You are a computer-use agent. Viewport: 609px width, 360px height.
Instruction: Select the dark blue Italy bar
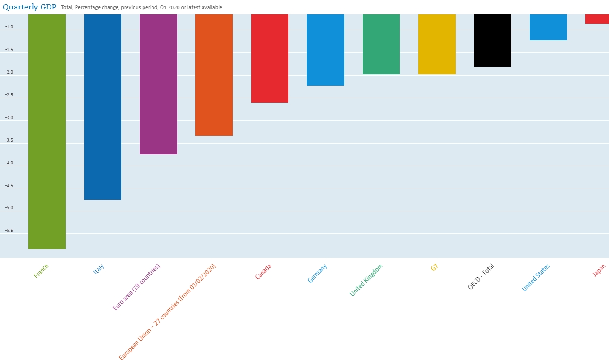[102, 107]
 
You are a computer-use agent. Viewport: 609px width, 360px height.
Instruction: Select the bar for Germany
[325, 50]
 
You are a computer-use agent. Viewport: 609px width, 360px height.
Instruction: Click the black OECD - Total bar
[492, 40]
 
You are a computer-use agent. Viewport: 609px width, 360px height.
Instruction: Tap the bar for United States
[548, 27]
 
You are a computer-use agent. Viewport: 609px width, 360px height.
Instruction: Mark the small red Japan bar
[597, 19]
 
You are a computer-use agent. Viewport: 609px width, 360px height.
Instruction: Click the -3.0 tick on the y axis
[9, 118]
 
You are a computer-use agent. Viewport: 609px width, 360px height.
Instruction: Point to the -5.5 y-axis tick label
[9, 231]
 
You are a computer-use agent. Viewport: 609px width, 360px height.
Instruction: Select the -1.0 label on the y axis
[9, 27]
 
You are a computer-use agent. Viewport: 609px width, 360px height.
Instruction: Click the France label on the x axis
[41, 271]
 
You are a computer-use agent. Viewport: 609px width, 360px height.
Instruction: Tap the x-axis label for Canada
[263, 271]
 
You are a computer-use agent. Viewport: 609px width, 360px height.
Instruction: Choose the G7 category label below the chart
[434, 267]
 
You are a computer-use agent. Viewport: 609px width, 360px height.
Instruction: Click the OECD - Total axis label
[481, 276]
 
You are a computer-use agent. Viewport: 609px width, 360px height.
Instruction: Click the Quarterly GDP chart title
[29, 7]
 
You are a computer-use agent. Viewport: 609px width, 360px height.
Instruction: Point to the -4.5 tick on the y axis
[9, 186]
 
